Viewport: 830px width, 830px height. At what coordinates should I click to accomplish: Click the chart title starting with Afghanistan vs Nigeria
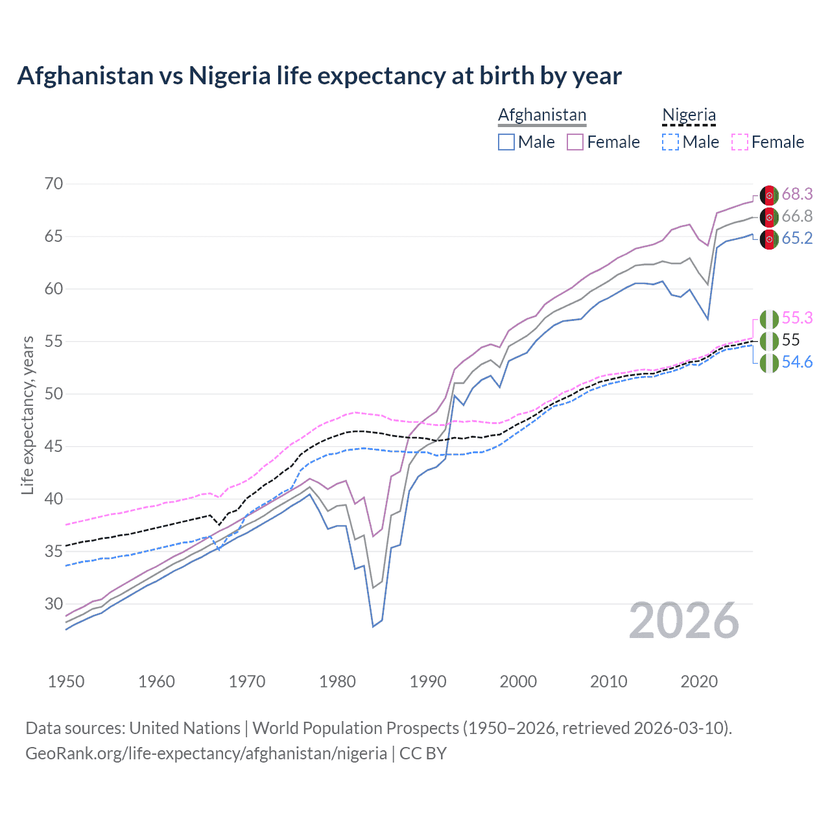(x=319, y=76)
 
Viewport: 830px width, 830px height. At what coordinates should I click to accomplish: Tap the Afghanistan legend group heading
(x=542, y=115)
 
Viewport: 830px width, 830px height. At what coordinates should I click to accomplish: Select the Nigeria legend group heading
(x=689, y=115)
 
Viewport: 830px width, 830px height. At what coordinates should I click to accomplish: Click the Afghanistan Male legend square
(x=506, y=142)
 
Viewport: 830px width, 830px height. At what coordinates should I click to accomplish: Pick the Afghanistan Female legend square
(x=575, y=142)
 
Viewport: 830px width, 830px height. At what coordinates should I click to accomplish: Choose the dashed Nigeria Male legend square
(x=670, y=142)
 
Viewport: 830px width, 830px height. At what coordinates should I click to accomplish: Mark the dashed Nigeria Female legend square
(x=740, y=142)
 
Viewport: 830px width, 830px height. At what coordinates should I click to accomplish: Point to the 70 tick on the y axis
(x=54, y=184)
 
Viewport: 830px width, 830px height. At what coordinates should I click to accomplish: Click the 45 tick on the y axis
(x=54, y=446)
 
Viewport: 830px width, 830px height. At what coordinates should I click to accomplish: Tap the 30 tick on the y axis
(x=54, y=604)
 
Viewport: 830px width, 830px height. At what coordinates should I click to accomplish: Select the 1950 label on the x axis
(x=66, y=682)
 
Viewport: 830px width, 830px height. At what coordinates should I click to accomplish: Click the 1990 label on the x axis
(x=428, y=682)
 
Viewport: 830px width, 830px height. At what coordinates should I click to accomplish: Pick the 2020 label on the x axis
(x=699, y=682)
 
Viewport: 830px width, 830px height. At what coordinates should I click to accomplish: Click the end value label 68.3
(x=797, y=194)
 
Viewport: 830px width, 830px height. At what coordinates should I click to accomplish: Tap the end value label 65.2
(x=797, y=238)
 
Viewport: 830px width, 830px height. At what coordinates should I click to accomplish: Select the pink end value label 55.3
(x=797, y=318)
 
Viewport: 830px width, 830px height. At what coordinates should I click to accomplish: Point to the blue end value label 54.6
(x=797, y=362)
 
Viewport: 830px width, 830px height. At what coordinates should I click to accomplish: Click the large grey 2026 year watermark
(x=684, y=621)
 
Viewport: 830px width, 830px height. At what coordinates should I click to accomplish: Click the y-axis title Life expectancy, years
(x=27, y=415)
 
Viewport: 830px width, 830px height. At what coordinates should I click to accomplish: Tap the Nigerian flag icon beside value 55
(x=769, y=340)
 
